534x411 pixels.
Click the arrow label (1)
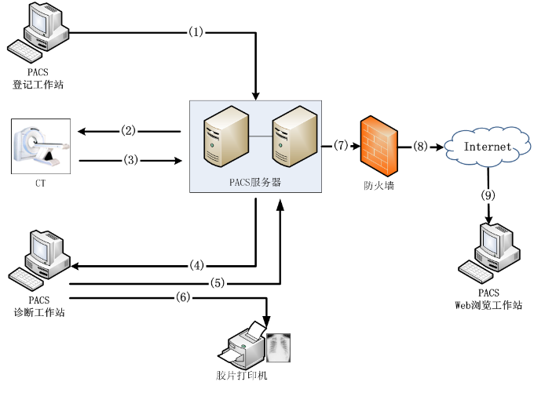(196, 32)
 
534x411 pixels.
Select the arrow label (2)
(129, 130)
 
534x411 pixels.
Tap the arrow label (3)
(130, 160)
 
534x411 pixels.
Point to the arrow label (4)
(197, 265)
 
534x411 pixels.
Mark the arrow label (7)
(340, 145)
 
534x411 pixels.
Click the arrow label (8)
(421, 145)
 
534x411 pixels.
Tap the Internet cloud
(487, 147)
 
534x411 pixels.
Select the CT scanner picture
(41, 146)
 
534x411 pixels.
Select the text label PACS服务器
(256, 182)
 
